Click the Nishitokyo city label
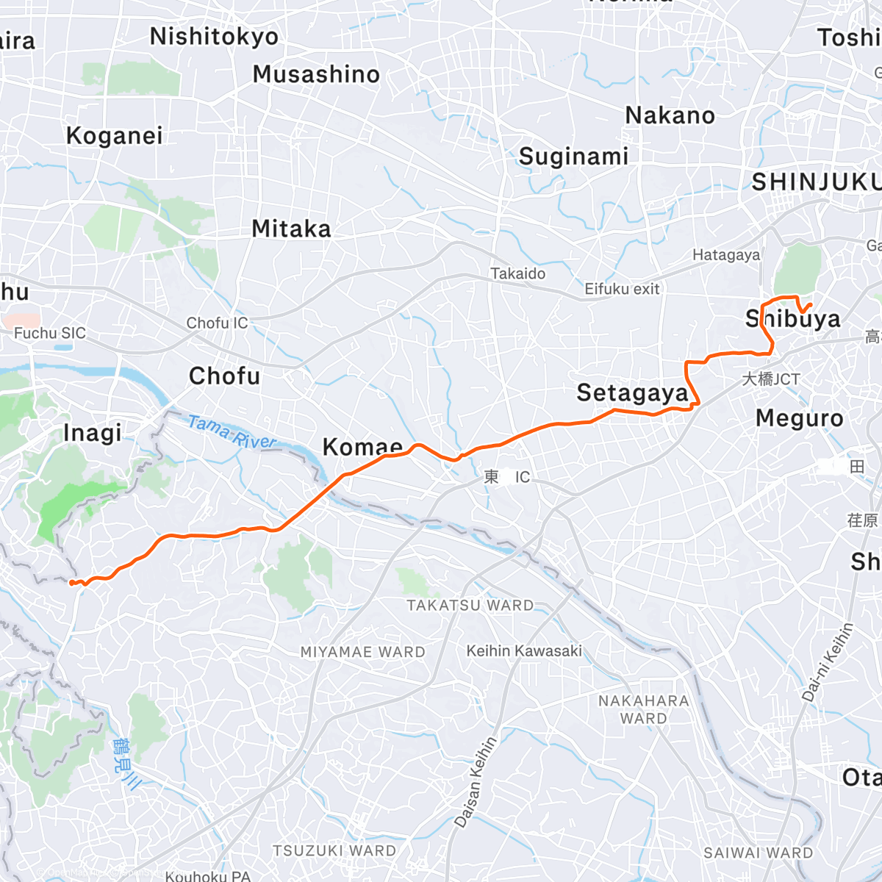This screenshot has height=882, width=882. (x=214, y=37)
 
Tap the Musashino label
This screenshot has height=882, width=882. (x=316, y=74)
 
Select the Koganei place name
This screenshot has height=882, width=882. (x=114, y=136)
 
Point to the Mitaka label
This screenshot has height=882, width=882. (x=291, y=229)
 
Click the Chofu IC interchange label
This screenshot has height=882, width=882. (x=217, y=323)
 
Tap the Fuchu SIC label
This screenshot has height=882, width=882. (x=50, y=334)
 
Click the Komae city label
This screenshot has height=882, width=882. (x=362, y=446)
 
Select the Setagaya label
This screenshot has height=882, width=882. (x=631, y=393)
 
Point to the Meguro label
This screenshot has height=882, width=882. (x=800, y=419)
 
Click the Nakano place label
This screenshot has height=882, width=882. (x=670, y=116)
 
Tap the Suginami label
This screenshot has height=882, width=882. (x=573, y=157)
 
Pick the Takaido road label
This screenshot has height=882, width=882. (x=518, y=274)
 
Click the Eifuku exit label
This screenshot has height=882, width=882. (x=622, y=290)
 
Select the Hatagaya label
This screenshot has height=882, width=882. (x=726, y=255)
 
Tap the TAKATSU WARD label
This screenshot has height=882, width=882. (x=470, y=606)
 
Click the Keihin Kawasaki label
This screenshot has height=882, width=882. (x=524, y=651)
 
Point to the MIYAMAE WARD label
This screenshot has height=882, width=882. (x=362, y=652)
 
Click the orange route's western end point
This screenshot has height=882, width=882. (x=71, y=583)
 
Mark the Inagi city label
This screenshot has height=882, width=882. (x=93, y=433)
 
